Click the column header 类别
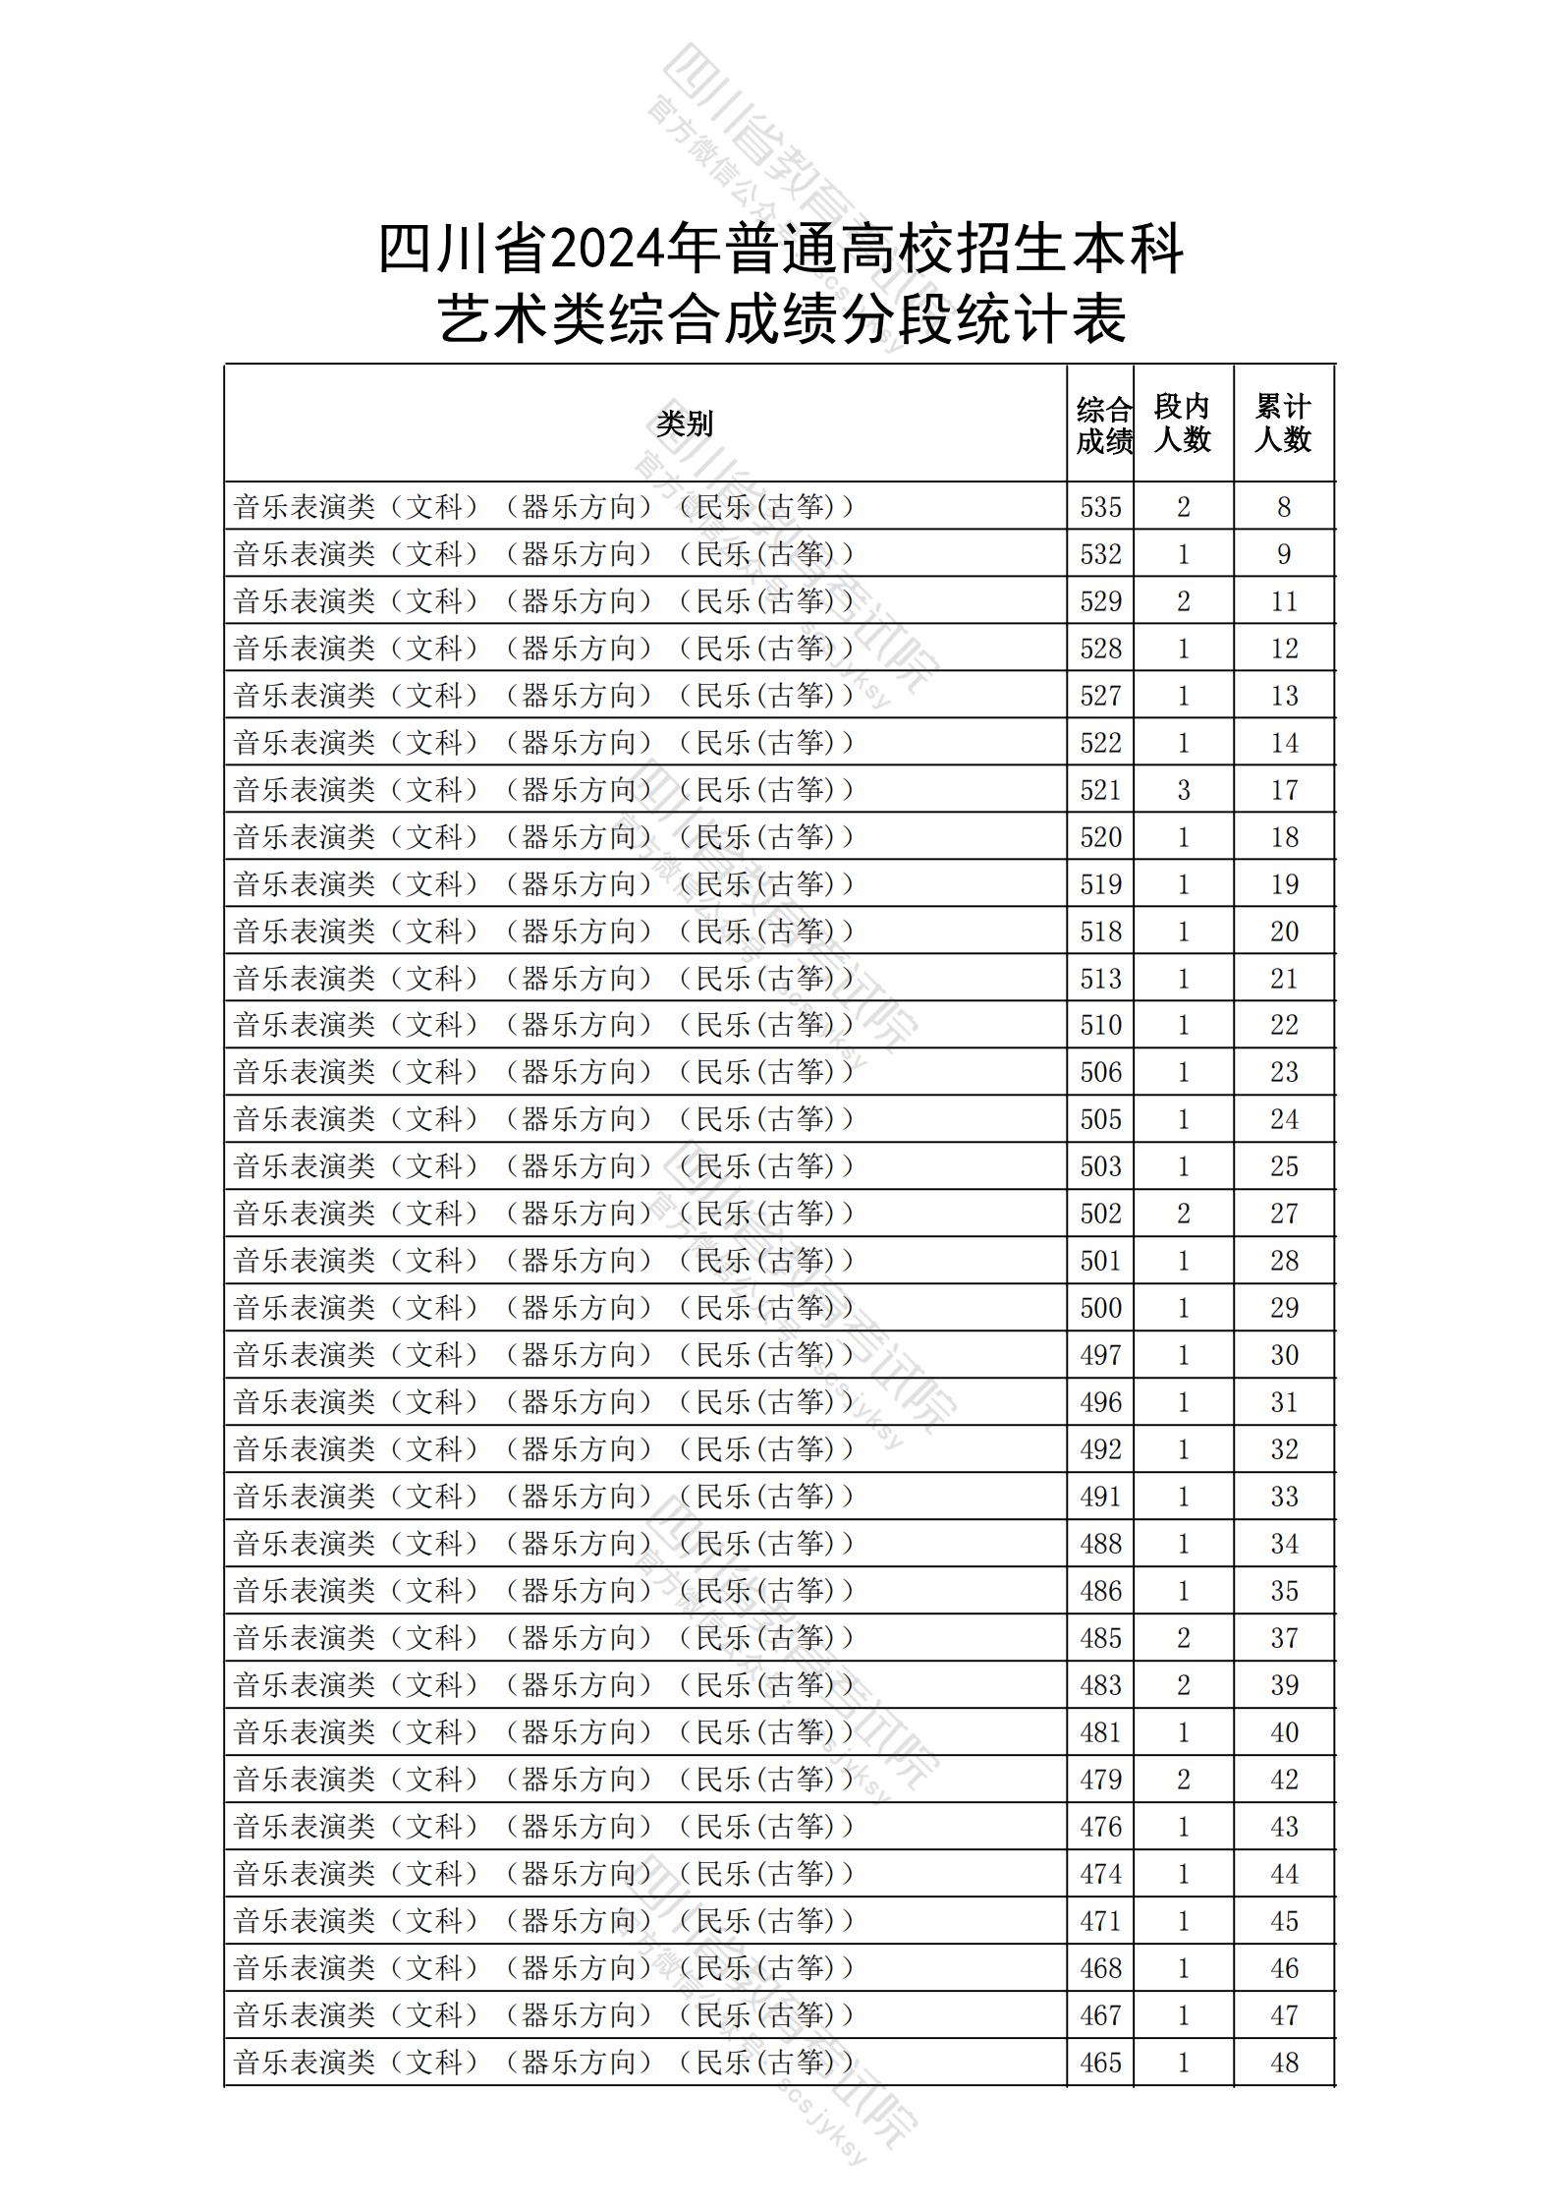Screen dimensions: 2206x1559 pos(685,424)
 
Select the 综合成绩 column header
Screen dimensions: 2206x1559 pos(1102,424)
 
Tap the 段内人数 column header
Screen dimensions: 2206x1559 pos(1182,424)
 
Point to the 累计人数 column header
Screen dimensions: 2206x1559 pos(1283,424)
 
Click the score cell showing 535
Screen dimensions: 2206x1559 pos(1100,507)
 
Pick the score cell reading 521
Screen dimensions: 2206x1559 pos(1100,790)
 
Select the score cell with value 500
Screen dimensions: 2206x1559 pos(1100,1308)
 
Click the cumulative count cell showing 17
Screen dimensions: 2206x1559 pos(1284,790)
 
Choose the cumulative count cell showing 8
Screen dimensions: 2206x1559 pos(1284,507)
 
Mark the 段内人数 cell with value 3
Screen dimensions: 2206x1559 pos(1183,790)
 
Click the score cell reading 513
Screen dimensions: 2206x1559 pos(1100,979)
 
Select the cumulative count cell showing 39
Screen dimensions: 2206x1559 pos(1284,1685)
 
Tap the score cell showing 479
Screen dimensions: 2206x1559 pos(1100,1780)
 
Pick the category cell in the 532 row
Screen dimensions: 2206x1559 pos(544,554)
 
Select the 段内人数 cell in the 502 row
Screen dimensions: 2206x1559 pos(1183,1214)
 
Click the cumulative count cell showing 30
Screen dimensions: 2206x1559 pos(1284,1355)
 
